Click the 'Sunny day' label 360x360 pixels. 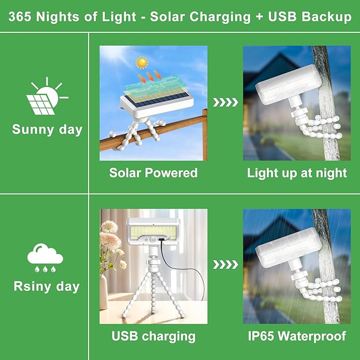click(x=47, y=129)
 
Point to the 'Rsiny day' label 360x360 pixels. click(x=46, y=287)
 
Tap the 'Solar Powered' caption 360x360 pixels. click(x=153, y=172)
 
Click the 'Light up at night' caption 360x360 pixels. click(x=297, y=172)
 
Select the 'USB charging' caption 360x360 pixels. click(x=153, y=336)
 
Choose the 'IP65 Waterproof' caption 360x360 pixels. click(x=297, y=336)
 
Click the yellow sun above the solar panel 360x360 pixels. click(x=141, y=63)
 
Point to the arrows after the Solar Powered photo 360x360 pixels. click(x=225, y=102)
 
